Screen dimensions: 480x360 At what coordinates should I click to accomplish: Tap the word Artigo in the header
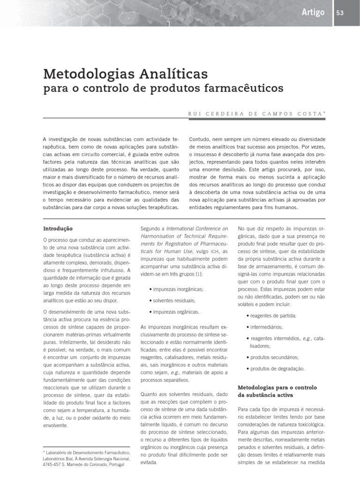[313, 13]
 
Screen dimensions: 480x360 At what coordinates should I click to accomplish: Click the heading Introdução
[58, 229]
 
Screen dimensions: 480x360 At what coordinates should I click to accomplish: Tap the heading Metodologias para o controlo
[277, 388]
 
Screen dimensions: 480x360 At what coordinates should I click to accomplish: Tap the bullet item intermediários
[266, 327]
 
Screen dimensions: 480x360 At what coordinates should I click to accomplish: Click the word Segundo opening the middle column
[150, 229]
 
